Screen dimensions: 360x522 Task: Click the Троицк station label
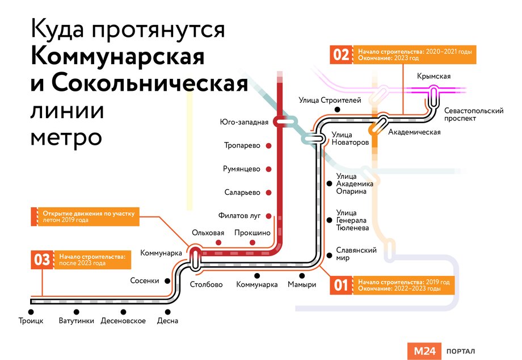(31, 321)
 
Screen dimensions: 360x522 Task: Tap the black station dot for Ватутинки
(76, 311)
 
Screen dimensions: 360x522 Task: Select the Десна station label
(168, 321)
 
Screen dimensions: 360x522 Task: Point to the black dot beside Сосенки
(167, 281)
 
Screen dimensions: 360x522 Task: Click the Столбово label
(206, 284)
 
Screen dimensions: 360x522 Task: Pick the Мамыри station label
(301, 284)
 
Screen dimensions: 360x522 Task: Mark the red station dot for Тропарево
(269, 145)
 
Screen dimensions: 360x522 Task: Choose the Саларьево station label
(242, 192)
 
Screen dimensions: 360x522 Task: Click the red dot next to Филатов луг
(269, 216)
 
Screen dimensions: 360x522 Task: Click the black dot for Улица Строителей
(338, 110)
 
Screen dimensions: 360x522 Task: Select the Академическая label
(414, 132)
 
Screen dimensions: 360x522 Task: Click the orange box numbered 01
(340, 285)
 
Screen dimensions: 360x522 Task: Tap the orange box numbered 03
(42, 259)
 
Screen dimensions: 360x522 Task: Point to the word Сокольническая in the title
(150, 83)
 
